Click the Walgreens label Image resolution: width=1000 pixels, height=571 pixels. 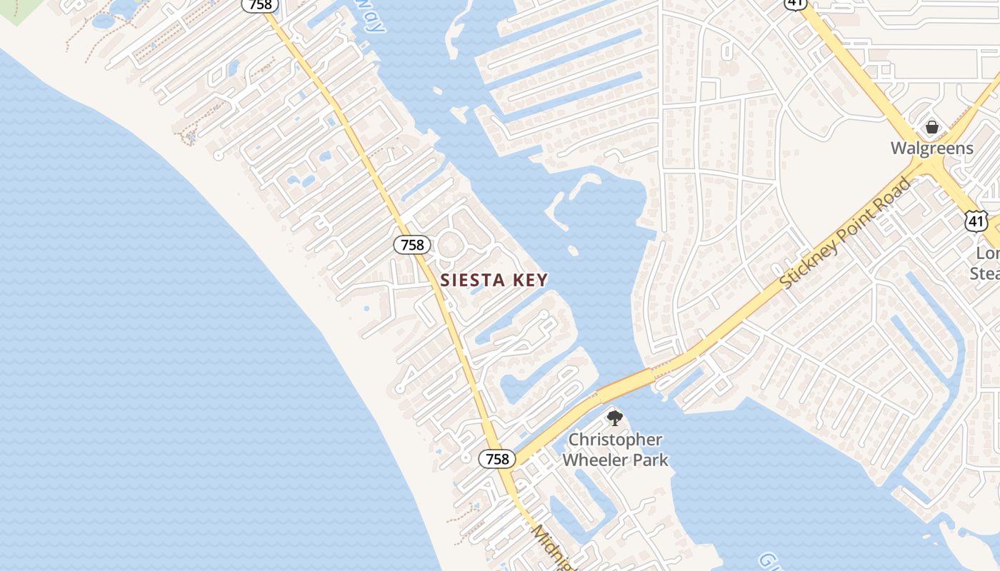[931, 148]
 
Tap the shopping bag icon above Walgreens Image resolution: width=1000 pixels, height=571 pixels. [931, 127]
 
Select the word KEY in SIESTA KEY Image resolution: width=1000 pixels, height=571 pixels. [528, 281]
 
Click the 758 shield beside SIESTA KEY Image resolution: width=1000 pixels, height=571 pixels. [412, 245]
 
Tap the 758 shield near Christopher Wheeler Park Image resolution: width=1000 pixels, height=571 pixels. [496, 459]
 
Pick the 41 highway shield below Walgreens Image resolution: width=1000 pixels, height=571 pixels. [976, 221]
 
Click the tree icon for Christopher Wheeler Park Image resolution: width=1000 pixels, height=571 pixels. [614, 418]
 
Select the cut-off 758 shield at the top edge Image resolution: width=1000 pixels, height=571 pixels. [260, 4]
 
